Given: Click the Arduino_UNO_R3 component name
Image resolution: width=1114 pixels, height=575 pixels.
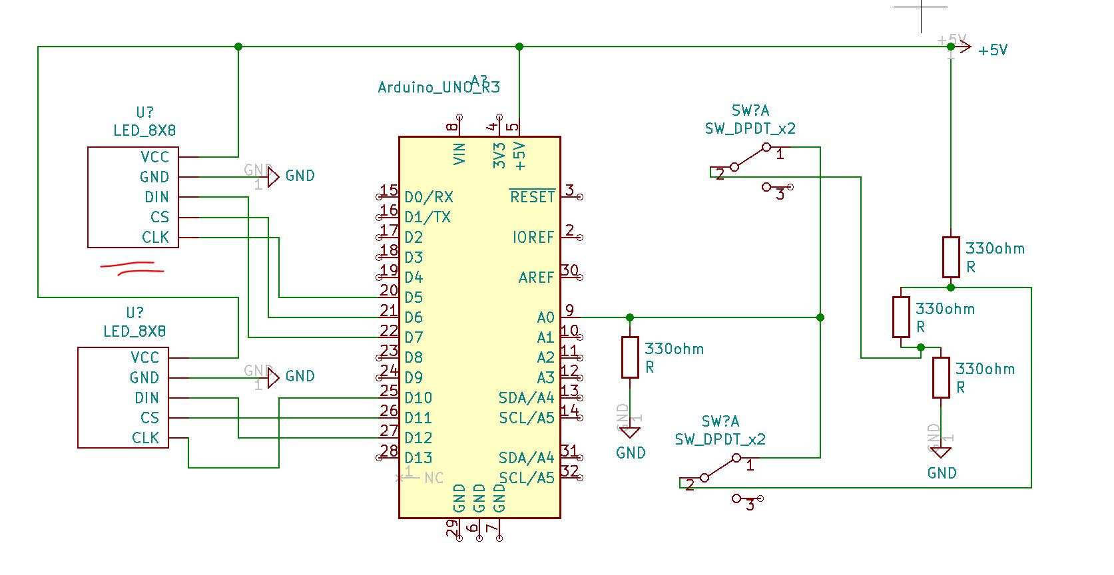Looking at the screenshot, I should point(438,87).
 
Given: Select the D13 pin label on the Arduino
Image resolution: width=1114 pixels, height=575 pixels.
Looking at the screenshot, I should point(418,458).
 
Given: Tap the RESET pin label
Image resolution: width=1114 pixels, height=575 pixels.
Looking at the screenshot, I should point(532,197).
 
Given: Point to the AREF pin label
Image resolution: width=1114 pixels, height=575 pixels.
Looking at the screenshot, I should point(536,278).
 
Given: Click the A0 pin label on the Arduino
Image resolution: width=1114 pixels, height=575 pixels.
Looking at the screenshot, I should point(545,317).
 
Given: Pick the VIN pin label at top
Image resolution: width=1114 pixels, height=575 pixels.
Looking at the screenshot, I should point(459,154).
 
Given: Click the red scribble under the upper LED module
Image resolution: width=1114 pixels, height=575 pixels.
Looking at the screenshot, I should point(131,268).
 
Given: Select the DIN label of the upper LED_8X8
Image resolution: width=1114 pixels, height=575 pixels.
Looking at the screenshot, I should point(156,197).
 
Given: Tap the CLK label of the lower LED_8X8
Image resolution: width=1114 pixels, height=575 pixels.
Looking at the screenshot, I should point(145,438).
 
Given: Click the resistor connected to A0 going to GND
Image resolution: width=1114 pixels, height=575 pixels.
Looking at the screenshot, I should point(630,357).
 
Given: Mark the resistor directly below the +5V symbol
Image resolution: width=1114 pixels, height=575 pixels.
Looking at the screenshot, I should point(951,257).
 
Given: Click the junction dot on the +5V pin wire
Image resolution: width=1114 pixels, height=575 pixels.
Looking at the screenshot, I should point(519,47).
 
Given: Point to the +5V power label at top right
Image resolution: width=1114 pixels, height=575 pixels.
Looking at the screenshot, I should point(992,50).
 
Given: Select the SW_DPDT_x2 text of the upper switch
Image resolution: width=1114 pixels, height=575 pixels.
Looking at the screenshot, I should point(750,128).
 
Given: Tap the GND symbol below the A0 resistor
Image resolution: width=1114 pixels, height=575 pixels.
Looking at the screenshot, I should point(630,433).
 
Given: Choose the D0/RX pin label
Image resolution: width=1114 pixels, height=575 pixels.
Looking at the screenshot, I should point(428,197).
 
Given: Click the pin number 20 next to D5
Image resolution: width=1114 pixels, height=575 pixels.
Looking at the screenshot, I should point(389,290).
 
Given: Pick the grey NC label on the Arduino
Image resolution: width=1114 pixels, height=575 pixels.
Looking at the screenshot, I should point(433,478).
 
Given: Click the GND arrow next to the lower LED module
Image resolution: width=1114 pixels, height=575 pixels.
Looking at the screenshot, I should point(273,378).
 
